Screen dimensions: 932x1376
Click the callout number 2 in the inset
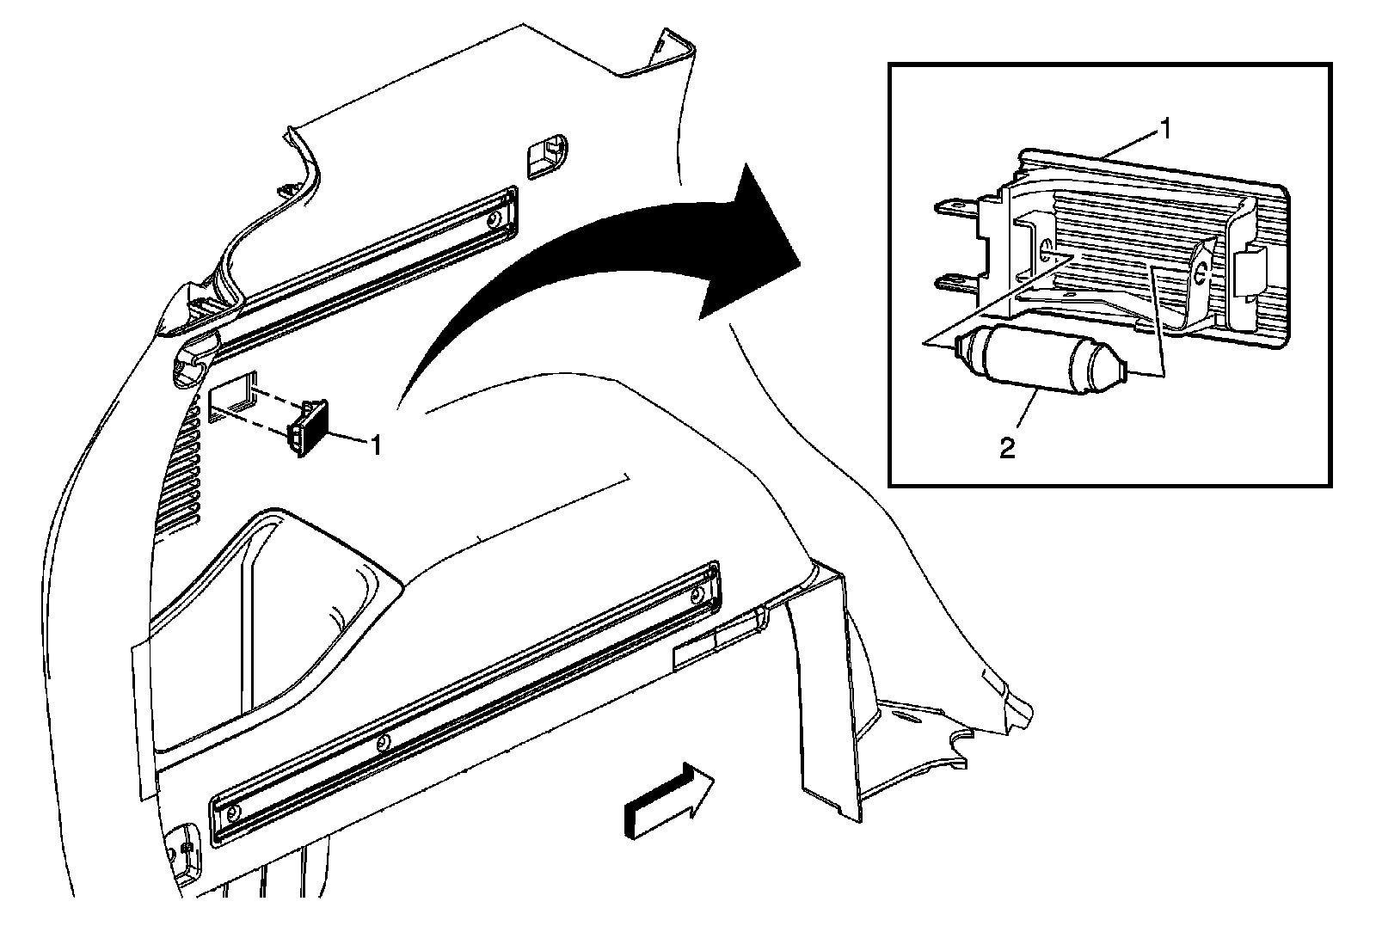pos(1007,448)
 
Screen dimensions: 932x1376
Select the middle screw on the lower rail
pos(384,741)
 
